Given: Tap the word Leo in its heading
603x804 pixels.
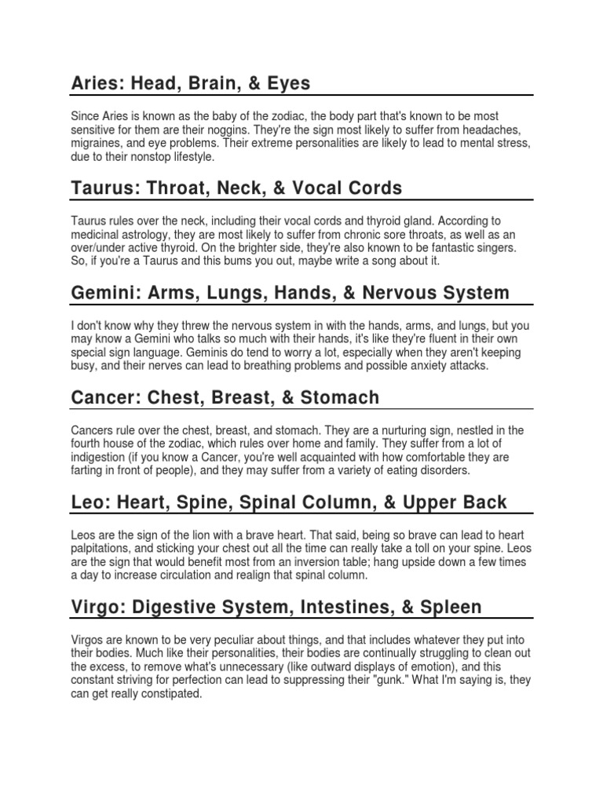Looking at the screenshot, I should pos(87,503).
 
